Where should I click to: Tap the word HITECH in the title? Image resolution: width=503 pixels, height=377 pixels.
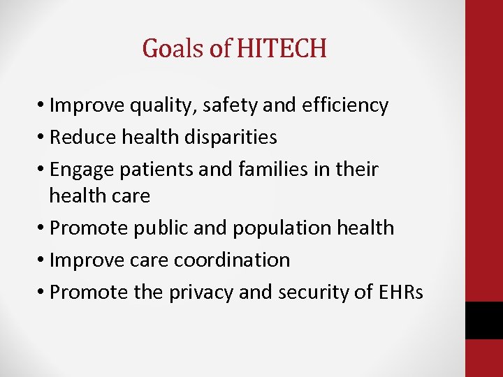point(282,48)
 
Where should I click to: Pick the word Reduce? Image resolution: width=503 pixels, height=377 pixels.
point(83,138)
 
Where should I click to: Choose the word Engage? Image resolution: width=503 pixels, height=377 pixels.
point(84,170)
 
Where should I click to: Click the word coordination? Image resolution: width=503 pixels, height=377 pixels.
point(232,260)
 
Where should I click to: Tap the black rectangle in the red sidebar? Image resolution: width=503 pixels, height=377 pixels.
point(484,320)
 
